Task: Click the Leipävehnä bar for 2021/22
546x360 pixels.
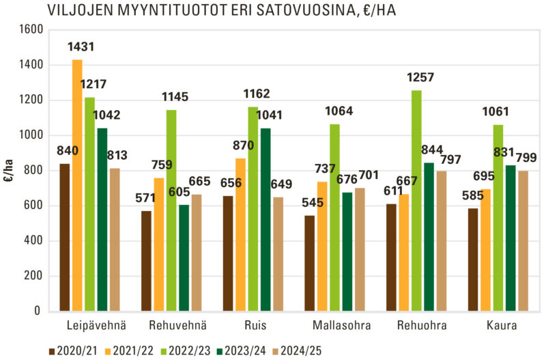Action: (77, 184)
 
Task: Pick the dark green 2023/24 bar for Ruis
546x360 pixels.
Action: (265, 219)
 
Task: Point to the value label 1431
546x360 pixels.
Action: (81, 47)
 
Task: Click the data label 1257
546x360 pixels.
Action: (420, 77)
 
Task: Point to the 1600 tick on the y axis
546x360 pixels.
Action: (31, 30)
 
